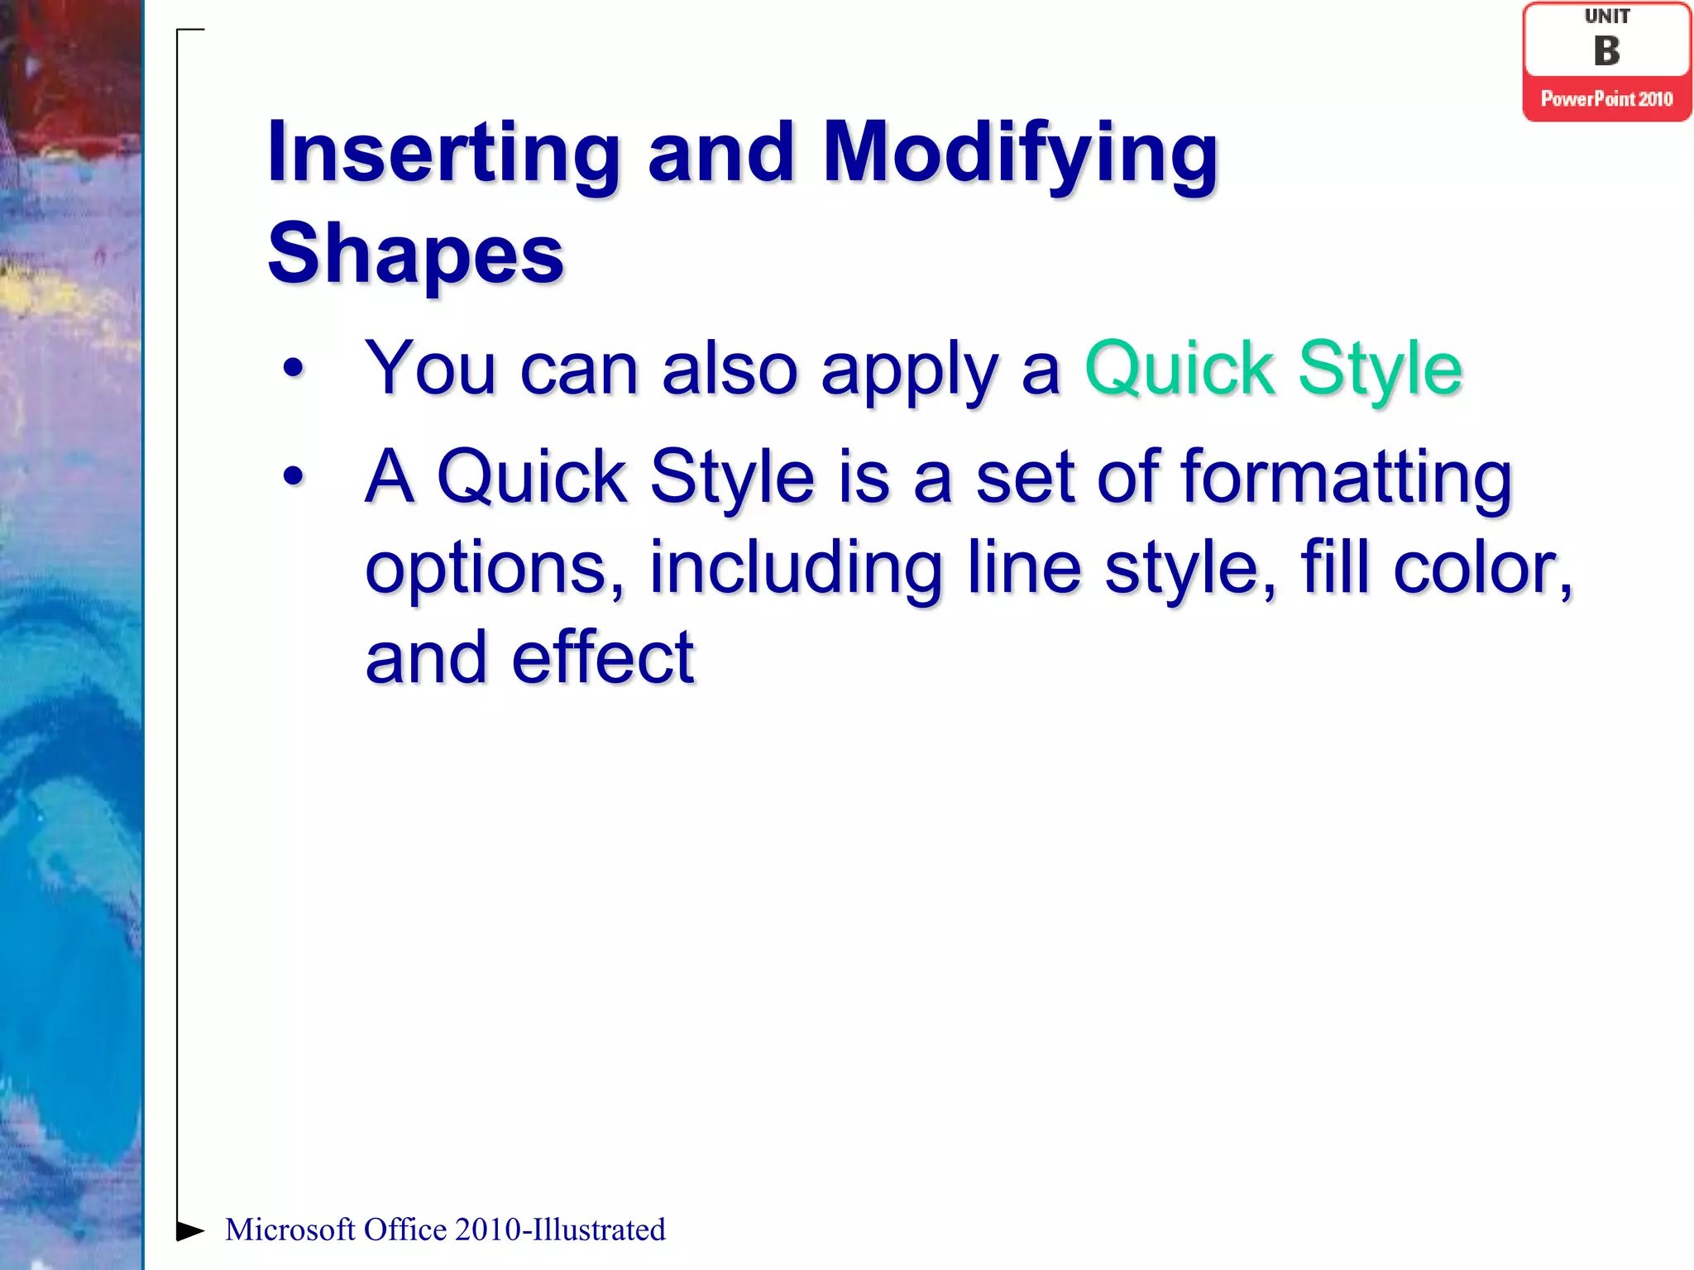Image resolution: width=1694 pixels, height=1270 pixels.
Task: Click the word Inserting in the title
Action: [443, 153]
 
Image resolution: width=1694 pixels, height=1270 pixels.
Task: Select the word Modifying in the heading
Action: [1020, 153]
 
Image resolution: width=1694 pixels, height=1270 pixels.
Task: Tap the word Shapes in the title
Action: [415, 254]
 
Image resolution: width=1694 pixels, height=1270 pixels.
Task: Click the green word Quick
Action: [1179, 370]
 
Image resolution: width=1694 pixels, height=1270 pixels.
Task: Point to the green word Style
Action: [1380, 370]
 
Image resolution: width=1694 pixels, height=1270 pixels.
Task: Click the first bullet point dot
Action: [293, 369]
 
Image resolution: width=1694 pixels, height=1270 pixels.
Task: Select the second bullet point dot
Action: [293, 476]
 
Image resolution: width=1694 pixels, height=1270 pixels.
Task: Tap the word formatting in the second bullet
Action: [1346, 477]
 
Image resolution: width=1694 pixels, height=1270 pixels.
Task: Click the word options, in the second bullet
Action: [495, 569]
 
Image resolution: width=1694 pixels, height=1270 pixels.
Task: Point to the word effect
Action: [602, 658]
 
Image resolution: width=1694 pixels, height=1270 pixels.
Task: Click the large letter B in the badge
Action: [1606, 51]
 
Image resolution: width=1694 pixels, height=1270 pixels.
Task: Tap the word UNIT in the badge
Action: [1606, 17]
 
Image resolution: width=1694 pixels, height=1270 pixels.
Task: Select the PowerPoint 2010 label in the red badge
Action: [1606, 99]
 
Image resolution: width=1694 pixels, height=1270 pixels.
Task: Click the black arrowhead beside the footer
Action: [190, 1230]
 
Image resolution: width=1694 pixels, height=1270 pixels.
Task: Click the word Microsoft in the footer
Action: [290, 1230]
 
